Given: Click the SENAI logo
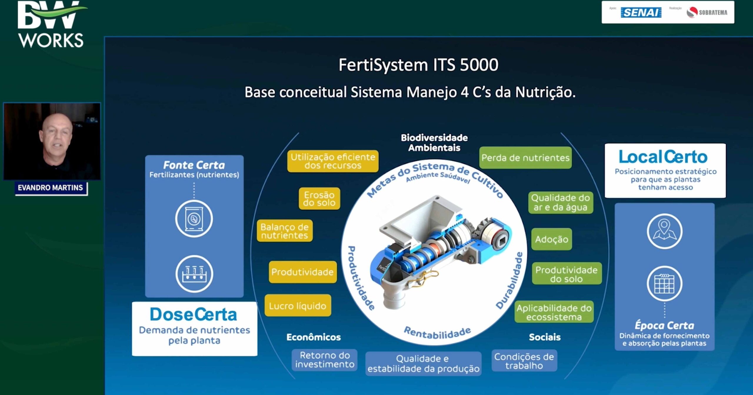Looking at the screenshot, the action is click(641, 13).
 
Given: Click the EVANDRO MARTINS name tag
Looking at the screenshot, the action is click(51, 188).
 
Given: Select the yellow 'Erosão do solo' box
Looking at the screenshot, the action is click(319, 199).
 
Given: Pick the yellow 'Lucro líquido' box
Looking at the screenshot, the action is click(298, 306).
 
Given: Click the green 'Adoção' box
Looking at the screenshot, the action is click(552, 239).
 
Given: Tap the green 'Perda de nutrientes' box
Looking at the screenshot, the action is click(525, 158).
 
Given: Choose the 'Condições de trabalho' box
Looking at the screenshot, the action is click(524, 361).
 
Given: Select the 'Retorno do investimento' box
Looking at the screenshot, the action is click(325, 360).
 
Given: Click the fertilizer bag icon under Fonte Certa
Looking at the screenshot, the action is click(194, 219).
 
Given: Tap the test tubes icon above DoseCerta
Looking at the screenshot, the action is click(194, 274).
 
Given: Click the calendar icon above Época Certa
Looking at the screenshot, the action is click(664, 284).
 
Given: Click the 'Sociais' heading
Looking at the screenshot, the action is click(545, 337).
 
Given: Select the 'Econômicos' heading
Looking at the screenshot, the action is click(314, 337).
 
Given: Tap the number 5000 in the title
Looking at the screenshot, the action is click(479, 65).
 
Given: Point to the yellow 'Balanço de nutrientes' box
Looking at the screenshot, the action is click(285, 231).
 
